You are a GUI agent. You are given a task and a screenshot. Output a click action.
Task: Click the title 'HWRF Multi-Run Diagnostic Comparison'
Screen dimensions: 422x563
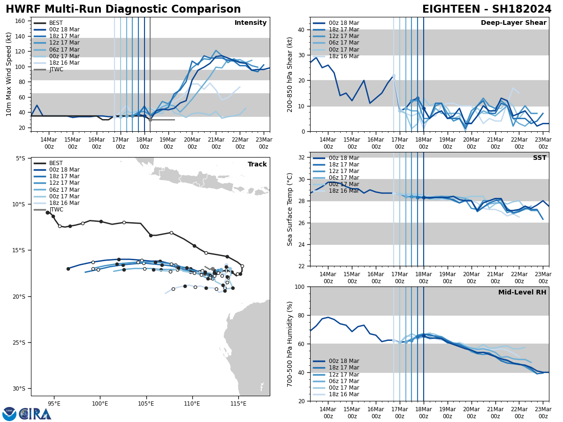(123, 9)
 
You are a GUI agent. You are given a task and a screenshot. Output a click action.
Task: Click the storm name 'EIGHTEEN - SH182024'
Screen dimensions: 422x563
(487, 9)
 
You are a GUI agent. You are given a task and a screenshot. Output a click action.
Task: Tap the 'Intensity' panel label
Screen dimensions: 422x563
(251, 23)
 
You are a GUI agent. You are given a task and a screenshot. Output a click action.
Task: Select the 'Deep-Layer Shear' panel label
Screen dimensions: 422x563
(513, 23)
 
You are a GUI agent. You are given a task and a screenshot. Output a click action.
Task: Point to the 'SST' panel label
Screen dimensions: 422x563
(539, 158)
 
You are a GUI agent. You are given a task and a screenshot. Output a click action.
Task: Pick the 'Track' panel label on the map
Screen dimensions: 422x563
(257, 165)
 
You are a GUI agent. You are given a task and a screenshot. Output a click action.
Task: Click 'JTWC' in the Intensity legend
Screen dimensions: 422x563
(56, 69)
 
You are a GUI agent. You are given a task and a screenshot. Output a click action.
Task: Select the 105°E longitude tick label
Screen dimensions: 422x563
(146, 404)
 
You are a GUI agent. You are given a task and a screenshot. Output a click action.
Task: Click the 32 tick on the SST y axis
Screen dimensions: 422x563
(302, 158)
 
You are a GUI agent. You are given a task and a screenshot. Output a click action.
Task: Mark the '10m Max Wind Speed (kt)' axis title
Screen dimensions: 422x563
(9, 74)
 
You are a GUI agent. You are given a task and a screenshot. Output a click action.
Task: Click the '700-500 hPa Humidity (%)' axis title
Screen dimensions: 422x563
(290, 344)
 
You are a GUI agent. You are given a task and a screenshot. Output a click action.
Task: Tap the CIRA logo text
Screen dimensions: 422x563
(36, 414)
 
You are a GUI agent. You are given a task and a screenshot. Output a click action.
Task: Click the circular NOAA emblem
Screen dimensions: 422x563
(9, 414)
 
